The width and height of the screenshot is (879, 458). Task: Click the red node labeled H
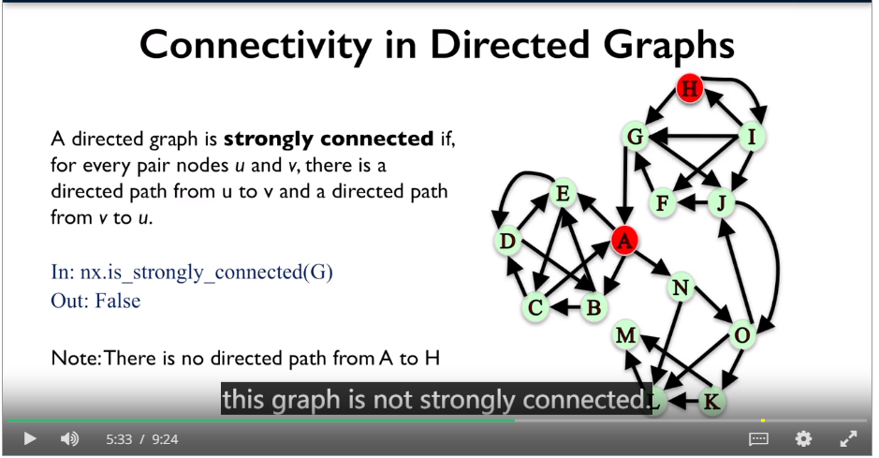point(690,88)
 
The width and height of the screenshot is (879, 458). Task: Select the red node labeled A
point(624,241)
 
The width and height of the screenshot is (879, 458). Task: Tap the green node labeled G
point(635,136)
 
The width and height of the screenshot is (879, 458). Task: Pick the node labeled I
point(752,136)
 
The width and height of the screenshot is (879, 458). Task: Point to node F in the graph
point(662,202)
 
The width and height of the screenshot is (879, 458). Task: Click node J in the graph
point(722,202)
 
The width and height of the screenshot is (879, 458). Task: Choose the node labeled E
point(563,193)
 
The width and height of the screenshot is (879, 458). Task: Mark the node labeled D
point(507,241)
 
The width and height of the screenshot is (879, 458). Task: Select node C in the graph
point(535,307)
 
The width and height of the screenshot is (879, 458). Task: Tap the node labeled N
point(680,288)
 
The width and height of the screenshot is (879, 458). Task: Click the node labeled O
point(741,335)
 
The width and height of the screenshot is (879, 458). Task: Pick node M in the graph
point(625,335)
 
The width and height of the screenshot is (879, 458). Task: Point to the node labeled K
point(711,402)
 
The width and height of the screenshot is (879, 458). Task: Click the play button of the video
point(30,439)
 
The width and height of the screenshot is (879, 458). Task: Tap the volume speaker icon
point(69,439)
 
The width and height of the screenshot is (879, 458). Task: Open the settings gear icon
point(803,438)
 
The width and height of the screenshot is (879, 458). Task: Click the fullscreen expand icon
point(848,438)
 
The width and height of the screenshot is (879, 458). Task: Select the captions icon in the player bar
point(758,438)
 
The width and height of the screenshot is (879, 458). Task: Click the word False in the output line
point(118,301)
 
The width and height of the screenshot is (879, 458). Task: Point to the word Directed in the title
point(509,46)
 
